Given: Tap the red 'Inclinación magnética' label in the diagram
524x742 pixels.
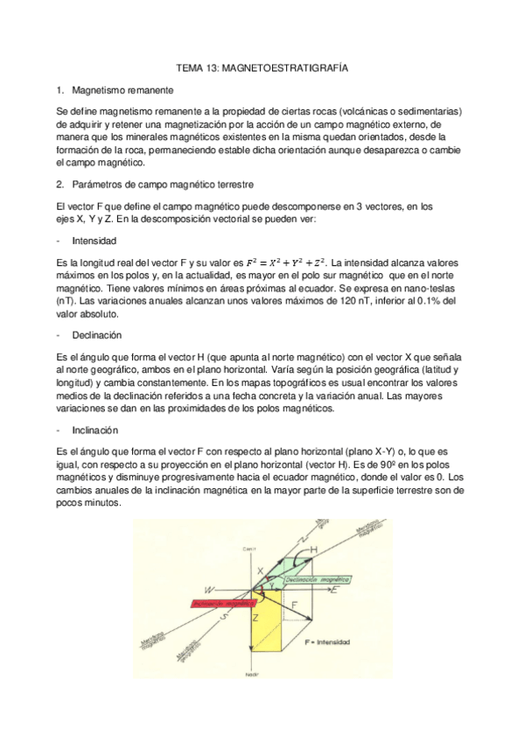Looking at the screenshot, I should point(213,603).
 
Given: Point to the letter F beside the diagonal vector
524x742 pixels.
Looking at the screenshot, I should point(295,604).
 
